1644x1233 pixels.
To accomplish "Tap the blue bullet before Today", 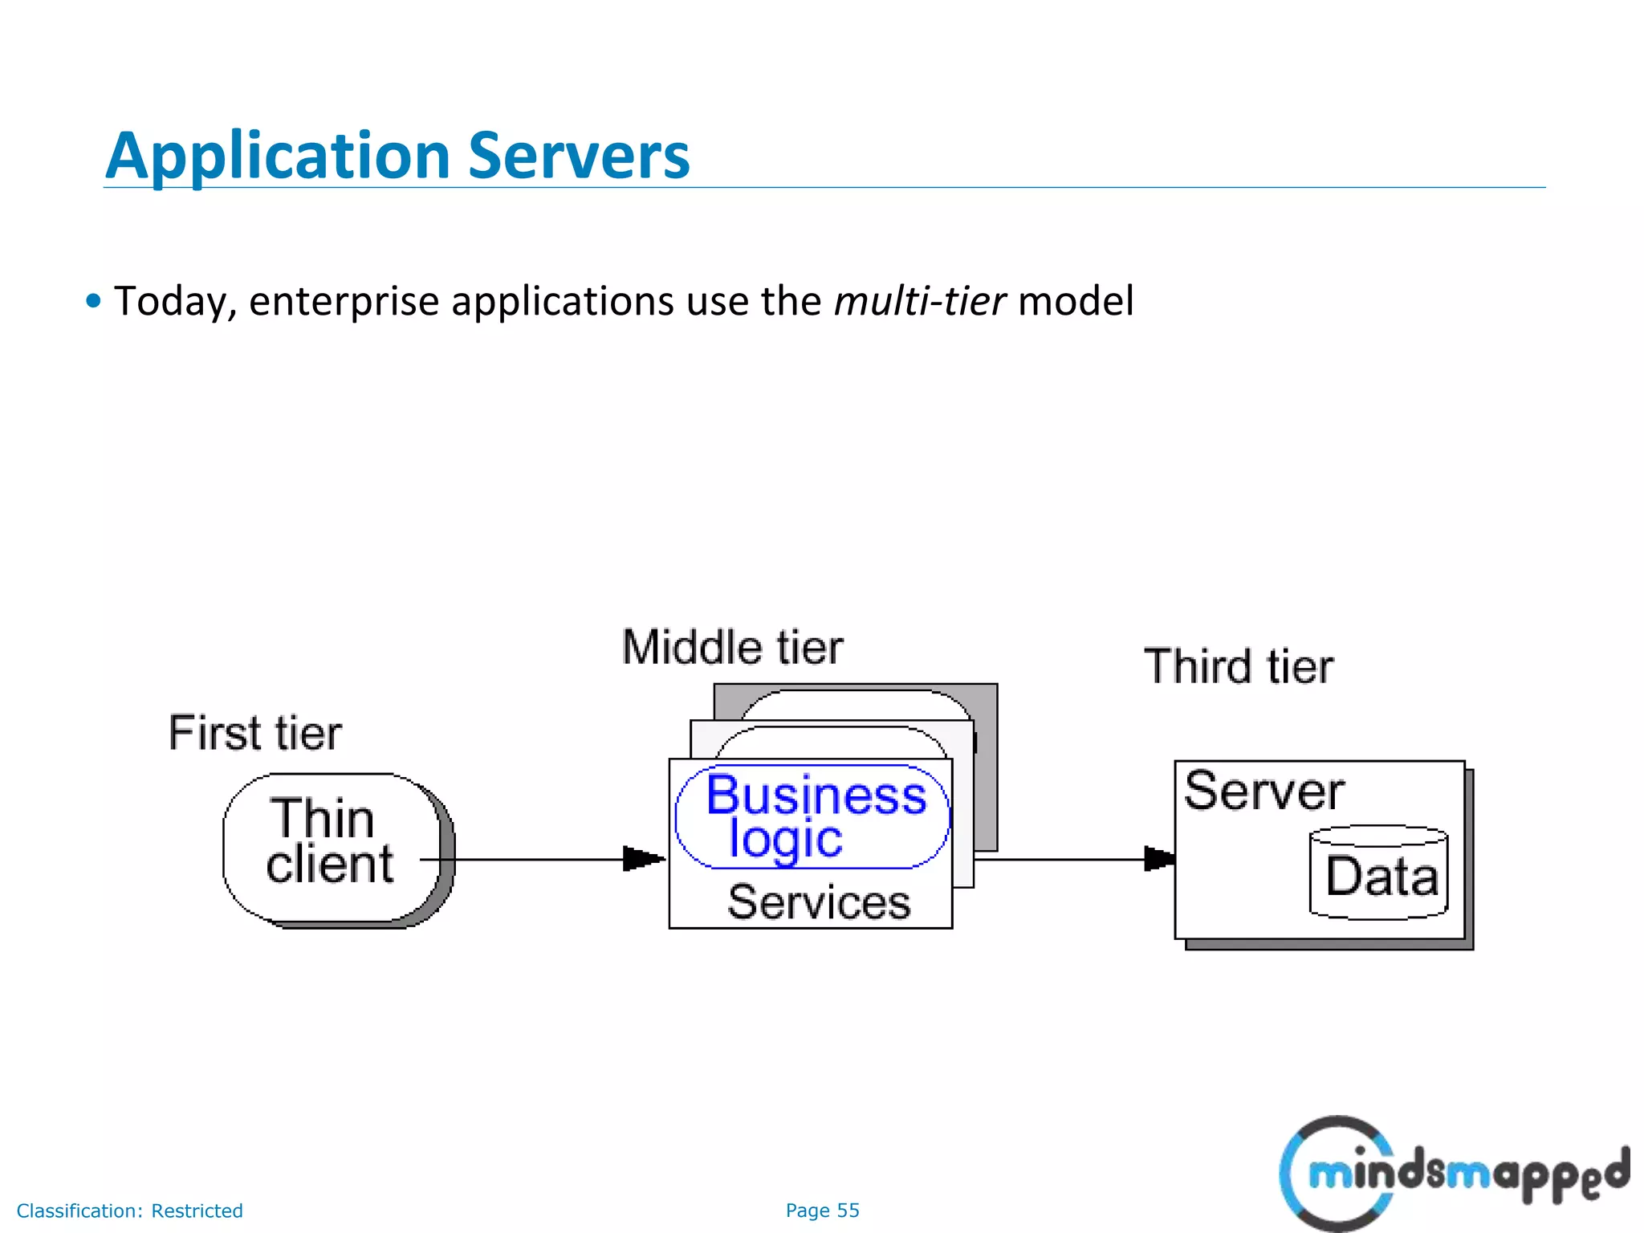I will pos(94,302).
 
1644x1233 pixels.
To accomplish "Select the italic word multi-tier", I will pos(919,301).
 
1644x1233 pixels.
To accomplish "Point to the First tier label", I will pos(254,733).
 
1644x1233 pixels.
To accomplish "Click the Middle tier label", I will pos(732,647).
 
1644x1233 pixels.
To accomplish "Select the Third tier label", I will pos(1239,666).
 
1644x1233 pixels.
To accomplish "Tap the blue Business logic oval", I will pos(812,816).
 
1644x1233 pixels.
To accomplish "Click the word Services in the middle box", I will pos(818,901).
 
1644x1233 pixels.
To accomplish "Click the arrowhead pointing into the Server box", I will pos(1158,858).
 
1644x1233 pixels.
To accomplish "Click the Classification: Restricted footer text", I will pos(129,1211).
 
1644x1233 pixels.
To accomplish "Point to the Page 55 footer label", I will pos(822,1211).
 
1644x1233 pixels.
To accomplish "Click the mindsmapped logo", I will pos(1453,1173).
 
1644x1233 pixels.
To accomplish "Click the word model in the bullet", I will pos(1075,301).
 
